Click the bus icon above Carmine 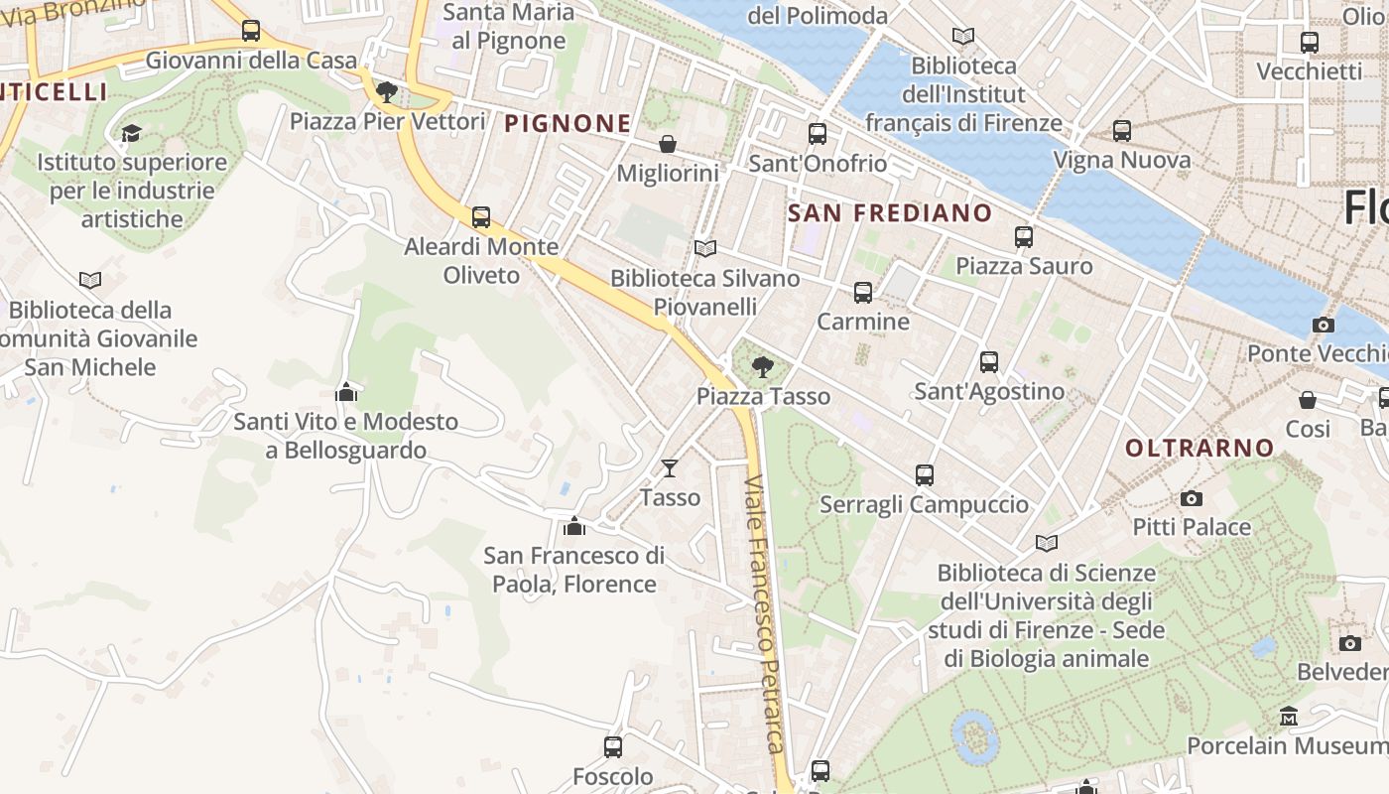863,293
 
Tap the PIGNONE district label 568,123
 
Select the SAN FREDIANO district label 890,212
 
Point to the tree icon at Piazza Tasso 762,368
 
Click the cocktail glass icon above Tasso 670,468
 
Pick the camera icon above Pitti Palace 1192,498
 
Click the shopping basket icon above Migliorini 668,145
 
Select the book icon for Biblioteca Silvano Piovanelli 705,249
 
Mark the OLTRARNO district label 1200,448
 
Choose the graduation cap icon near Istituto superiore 131,133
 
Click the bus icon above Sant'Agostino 989,362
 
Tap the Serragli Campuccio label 924,504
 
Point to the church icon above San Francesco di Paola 573,526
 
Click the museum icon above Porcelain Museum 1288,717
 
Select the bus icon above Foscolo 613,746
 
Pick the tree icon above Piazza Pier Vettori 387,92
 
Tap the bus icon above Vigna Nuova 1122,131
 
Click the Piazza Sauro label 1024,266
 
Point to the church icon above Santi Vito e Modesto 346,392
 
